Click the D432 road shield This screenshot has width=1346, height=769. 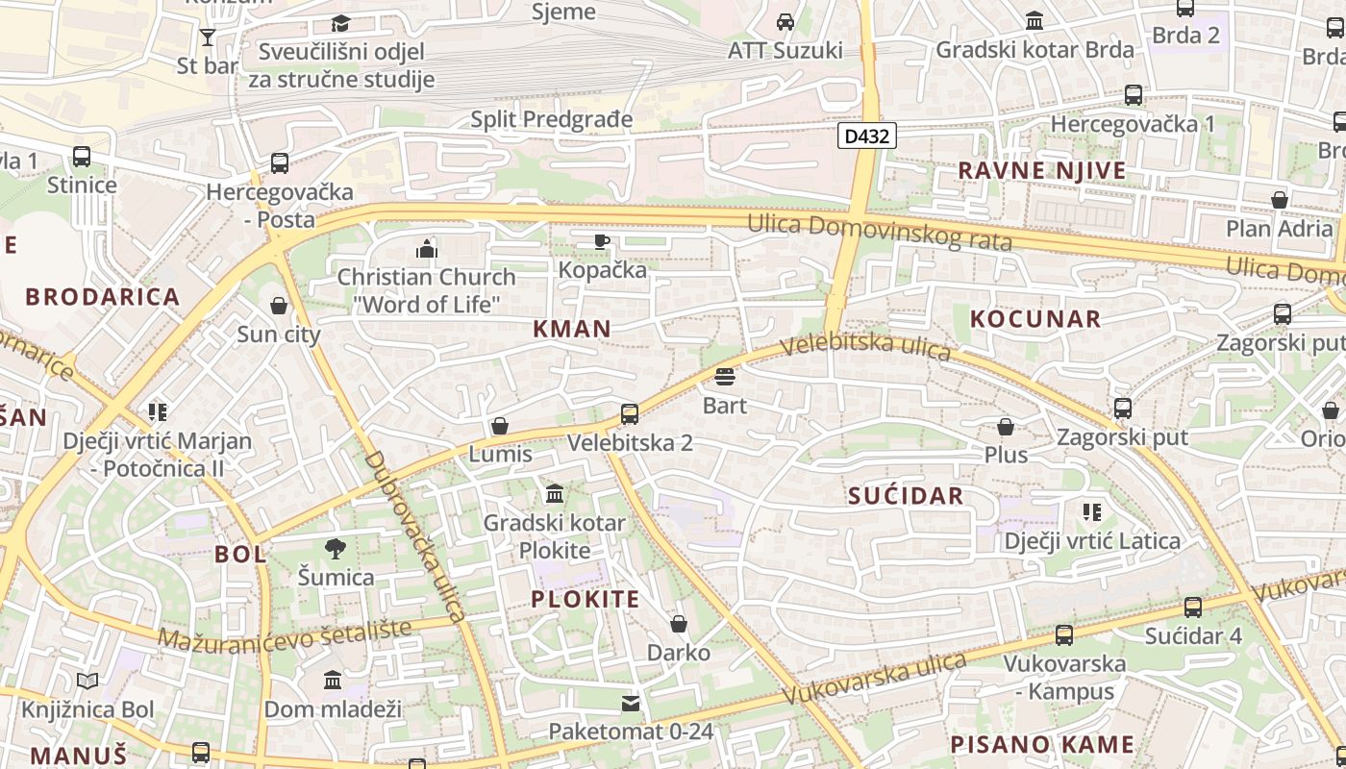tap(866, 136)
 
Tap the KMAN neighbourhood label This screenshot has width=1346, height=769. tap(572, 329)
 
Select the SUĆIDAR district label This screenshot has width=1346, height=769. tap(906, 496)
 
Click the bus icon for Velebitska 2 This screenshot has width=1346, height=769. tap(630, 414)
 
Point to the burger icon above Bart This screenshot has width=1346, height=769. tap(725, 376)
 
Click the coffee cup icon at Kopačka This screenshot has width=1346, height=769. tap(602, 241)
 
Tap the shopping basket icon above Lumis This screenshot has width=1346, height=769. tap(500, 426)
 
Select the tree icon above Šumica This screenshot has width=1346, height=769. tap(335, 549)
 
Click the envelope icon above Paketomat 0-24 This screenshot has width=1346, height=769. tap(631, 704)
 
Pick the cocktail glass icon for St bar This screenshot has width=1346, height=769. tap(208, 37)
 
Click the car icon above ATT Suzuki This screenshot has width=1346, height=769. tap(785, 21)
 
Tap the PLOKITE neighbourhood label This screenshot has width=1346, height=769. tap(586, 600)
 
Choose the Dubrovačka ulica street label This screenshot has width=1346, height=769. tap(415, 534)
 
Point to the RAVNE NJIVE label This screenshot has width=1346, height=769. tap(1041, 171)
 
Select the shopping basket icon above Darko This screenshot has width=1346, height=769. tap(679, 625)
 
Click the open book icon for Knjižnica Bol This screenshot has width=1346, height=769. tap(87, 682)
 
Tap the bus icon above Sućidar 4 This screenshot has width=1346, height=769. tap(1193, 608)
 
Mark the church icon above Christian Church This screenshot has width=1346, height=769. tap(427, 249)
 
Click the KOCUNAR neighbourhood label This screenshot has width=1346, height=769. tap(1035, 319)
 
